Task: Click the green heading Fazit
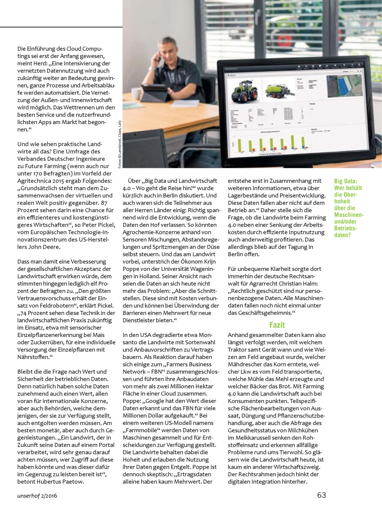tap(277, 325)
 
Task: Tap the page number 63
tap(321, 495)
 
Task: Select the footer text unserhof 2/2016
tap(37, 496)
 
